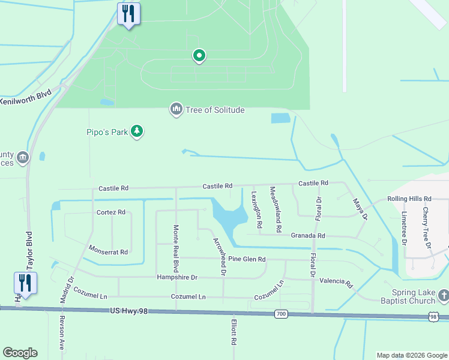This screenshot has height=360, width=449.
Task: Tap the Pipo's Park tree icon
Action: click(137, 131)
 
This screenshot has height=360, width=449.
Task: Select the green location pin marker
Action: click(199, 56)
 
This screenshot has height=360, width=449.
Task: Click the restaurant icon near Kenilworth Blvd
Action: click(128, 13)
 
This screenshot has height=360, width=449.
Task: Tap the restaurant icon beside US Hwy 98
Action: click(25, 283)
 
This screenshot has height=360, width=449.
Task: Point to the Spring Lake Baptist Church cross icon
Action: click(443, 295)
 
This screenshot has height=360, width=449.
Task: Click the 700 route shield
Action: click(281, 314)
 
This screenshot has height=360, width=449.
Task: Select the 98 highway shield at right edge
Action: click(433, 316)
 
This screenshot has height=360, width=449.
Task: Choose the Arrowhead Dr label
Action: click(219, 256)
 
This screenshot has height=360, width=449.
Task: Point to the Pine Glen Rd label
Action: click(247, 259)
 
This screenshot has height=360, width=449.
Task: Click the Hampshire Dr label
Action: click(177, 277)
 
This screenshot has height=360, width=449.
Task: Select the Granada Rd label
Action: click(308, 236)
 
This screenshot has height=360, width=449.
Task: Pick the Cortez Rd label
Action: click(111, 212)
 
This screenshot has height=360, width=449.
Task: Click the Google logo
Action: click(20, 353)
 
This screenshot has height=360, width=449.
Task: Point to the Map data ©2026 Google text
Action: click(411, 355)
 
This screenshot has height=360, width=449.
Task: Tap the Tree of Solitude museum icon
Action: click(176, 109)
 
